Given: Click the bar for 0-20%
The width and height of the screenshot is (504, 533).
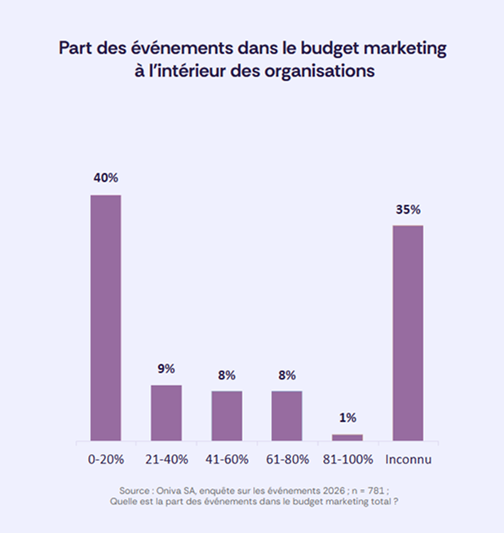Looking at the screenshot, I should click(x=105, y=318).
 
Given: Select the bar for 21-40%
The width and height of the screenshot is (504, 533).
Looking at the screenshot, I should click(x=166, y=413).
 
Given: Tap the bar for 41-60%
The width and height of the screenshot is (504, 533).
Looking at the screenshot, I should click(x=227, y=416).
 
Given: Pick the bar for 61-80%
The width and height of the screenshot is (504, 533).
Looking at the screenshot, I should click(x=287, y=416).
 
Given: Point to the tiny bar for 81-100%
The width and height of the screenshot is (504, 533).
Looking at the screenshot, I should click(x=347, y=438).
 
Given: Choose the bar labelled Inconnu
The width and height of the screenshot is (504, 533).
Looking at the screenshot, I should click(x=408, y=333).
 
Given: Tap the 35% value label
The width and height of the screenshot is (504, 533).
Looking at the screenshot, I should click(x=408, y=209).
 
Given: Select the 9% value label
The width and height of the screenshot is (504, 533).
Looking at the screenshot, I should click(x=166, y=369).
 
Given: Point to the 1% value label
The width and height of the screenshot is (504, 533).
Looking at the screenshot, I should click(x=347, y=418).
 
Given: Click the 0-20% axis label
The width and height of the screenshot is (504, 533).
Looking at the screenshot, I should click(x=105, y=459).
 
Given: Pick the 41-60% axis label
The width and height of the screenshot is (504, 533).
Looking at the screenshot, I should click(x=227, y=459).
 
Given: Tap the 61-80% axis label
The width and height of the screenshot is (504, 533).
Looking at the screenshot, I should click(x=287, y=459).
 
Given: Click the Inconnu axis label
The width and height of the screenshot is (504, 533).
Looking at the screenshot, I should click(x=409, y=459).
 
